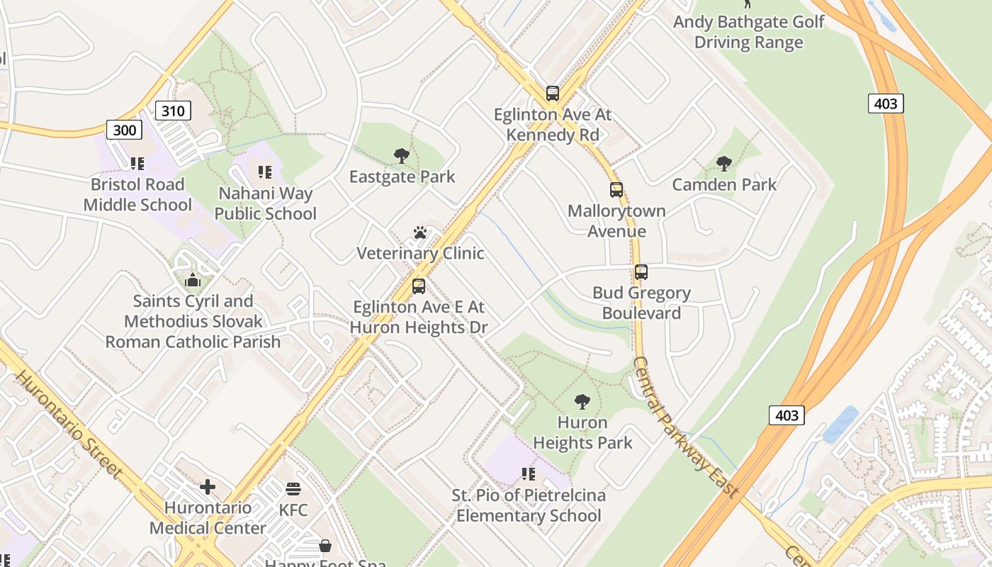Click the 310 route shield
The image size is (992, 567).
(173, 110)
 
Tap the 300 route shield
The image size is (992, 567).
(125, 130)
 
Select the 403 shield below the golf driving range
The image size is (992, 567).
(886, 103)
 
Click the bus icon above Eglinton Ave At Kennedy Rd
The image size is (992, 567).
(552, 93)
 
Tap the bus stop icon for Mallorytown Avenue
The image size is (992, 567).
(616, 189)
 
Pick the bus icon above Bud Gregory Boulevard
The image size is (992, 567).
(641, 271)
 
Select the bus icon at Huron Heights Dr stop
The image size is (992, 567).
(419, 286)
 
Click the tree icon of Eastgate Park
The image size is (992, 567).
(402, 155)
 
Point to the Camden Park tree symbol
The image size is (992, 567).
(724, 164)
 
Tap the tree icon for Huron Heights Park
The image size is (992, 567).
(582, 402)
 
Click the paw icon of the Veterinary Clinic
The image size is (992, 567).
(420, 232)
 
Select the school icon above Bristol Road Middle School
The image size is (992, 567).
(137, 164)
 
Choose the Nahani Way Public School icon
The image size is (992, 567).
(265, 172)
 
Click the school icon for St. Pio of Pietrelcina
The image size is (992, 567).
(528, 473)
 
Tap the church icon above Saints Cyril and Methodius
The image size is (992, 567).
(193, 281)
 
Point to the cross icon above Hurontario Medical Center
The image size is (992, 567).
(208, 487)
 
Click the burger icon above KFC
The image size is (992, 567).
(293, 489)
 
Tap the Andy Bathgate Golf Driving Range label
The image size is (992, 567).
(748, 32)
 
